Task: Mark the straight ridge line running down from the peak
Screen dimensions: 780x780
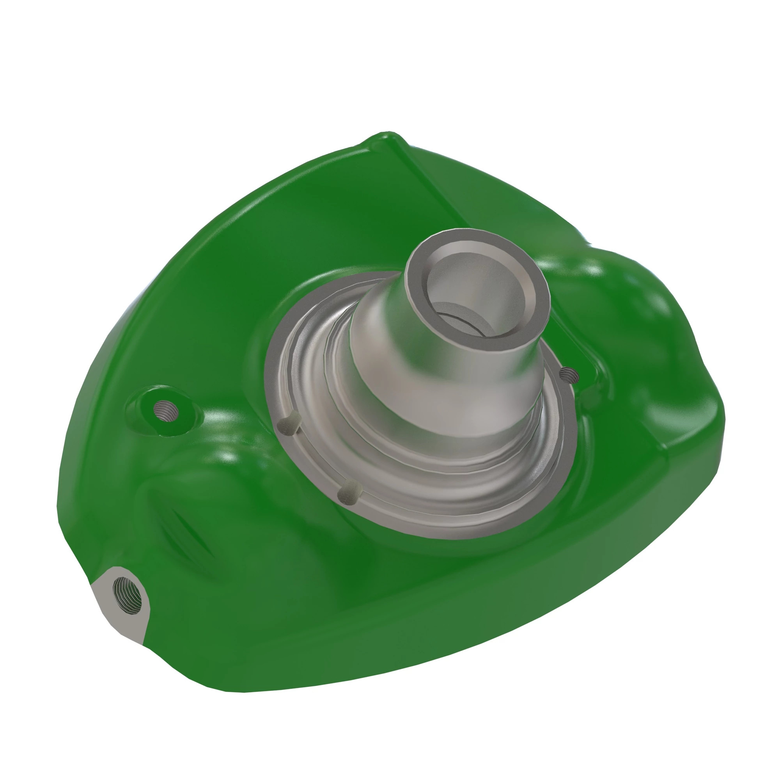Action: click(x=444, y=194)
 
